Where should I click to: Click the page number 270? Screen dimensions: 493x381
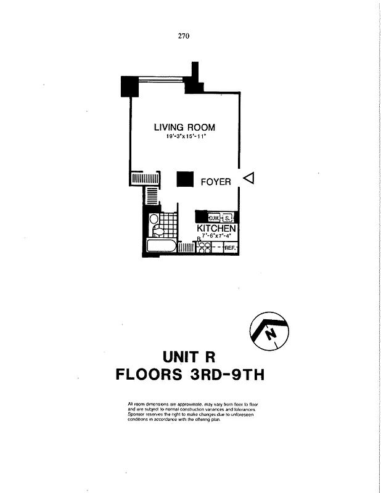click(183, 36)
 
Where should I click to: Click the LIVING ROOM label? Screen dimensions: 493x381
click(184, 128)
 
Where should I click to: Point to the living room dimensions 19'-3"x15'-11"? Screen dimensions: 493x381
click(184, 137)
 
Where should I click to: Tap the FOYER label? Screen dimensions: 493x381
click(216, 182)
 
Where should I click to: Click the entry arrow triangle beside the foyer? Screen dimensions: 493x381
click(248, 178)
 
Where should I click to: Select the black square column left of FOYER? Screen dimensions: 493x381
click(186, 179)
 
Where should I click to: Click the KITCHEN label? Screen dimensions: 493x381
click(216, 228)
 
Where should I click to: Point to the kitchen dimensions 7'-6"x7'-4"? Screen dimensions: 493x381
click(216, 235)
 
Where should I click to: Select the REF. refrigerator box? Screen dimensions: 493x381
click(231, 248)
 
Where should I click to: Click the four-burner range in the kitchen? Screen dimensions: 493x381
click(204, 247)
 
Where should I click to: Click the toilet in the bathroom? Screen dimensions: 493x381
click(157, 231)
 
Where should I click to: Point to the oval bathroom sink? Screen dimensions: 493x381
click(154, 219)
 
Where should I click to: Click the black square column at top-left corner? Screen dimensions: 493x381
click(129, 86)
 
